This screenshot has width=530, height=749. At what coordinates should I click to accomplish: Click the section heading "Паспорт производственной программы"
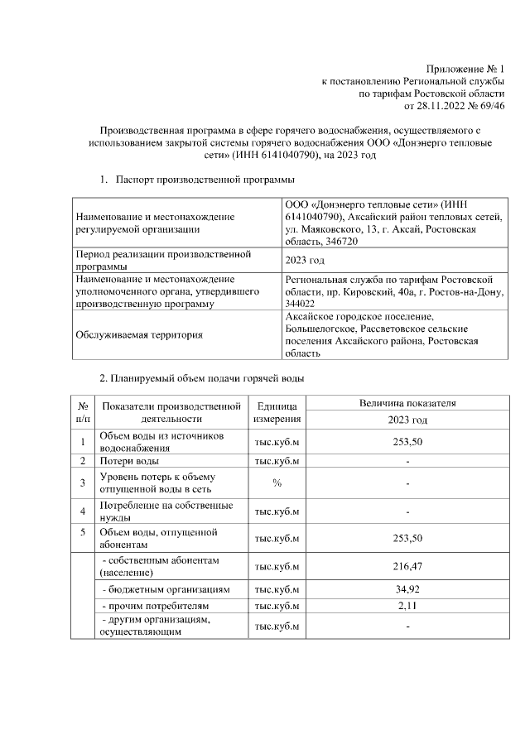coord(205,180)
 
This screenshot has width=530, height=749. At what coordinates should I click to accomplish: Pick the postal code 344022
coord(300,304)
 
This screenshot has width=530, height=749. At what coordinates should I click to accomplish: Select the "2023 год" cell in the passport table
coord(305,260)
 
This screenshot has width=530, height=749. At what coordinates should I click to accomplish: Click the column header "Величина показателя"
coord(407,403)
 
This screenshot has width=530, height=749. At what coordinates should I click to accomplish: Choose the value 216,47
coord(407,567)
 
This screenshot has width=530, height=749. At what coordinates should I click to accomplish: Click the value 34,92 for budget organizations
coord(407,589)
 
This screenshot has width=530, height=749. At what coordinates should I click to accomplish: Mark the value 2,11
coord(407,607)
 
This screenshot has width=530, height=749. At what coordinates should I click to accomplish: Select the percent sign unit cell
coord(277,483)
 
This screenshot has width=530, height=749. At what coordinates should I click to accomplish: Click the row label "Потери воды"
coord(130,460)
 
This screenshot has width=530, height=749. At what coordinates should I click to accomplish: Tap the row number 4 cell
coord(83,511)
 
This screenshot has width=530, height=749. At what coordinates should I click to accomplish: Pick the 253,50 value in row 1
coord(407,442)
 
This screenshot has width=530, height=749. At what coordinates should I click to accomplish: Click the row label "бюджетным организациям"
coord(165,589)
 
